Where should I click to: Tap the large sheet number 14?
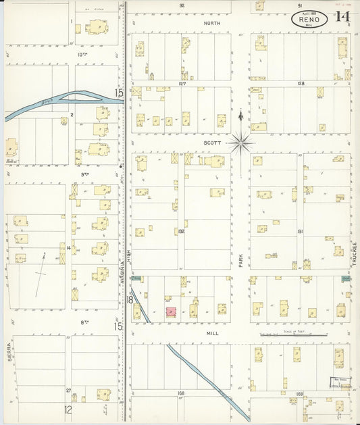click(x=342, y=17)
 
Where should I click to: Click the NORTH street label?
click(x=212, y=22)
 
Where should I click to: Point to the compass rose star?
click(x=240, y=143)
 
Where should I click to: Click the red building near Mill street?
click(x=172, y=312)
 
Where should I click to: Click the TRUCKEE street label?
click(x=353, y=255)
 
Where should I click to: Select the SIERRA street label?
click(x=10, y=355)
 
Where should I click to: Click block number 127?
click(x=182, y=84)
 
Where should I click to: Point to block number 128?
click(x=301, y=84)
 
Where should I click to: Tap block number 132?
click(x=181, y=231)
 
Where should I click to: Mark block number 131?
click(x=300, y=231)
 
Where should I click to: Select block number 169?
click(x=300, y=392)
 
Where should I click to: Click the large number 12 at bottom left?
click(x=68, y=409)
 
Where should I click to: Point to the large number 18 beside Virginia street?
click(x=128, y=299)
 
